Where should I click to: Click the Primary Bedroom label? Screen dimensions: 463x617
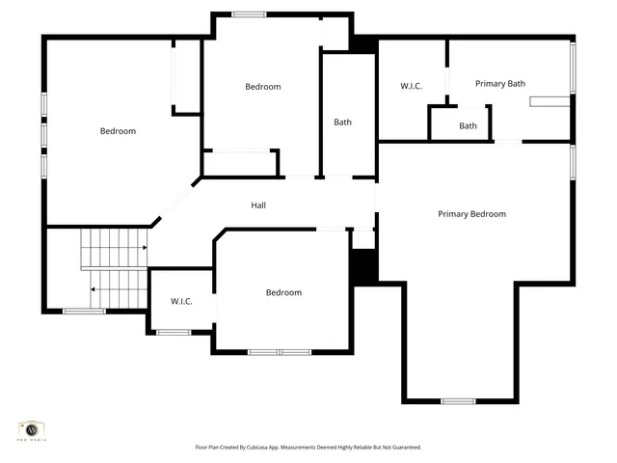(x=471, y=214)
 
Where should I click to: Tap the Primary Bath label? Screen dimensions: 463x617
(x=500, y=84)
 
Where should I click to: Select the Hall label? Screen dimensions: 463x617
(x=258, y=205)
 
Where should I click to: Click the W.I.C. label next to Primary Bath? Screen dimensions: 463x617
(x=412, y=87)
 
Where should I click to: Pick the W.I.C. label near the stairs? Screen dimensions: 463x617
(x=181, y=302)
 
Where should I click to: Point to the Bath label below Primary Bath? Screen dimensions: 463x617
(x=468, y=126)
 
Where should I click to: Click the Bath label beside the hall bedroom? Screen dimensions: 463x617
(x=342, y=123)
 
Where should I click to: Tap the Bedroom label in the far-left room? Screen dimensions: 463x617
(x=118, y=131)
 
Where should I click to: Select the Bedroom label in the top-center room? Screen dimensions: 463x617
(x=262, y=87)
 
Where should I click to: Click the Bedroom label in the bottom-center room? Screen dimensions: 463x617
(x=283, y=292)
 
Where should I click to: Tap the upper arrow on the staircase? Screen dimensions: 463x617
(x=144, y=248)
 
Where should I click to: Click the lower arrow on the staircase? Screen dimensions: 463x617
(x=93, y=289)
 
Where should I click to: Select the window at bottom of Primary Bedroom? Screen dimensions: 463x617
(x=458, y=401)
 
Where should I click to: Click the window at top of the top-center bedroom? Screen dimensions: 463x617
(x=249, y=14)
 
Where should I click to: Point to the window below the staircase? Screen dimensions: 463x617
(x=84, y=312)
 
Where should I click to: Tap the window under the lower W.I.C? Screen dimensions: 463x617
(x=174, y=333)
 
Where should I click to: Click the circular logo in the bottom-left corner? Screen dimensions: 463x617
(x=31, y=428)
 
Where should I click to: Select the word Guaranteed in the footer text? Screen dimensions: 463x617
(x=403, y=448)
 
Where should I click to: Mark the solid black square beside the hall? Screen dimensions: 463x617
(x=363, y=266)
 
